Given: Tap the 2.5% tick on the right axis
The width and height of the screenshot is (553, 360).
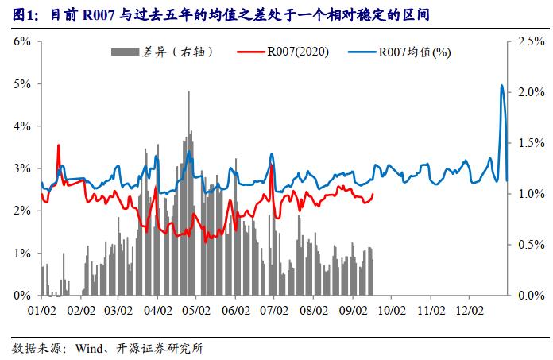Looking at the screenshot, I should (x=528, y=41).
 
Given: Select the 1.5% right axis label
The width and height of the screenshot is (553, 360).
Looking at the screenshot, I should (x=528, y=143).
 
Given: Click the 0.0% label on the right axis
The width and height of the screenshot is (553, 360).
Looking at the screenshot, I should (x=528, y=296).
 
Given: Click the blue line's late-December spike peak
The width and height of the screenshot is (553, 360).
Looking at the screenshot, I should (x=501, y=85).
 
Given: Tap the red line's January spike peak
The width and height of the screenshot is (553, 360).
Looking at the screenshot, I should (x=58, y=145).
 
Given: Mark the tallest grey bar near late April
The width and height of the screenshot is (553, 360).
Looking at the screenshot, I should (x=188, y=92).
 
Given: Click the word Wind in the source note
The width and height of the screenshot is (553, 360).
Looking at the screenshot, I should (x=89, y=348).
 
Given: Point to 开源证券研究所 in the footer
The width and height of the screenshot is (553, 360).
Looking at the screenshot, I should (x=163, y=348).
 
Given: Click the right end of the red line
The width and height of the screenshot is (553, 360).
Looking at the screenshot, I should (x=373, y=194).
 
